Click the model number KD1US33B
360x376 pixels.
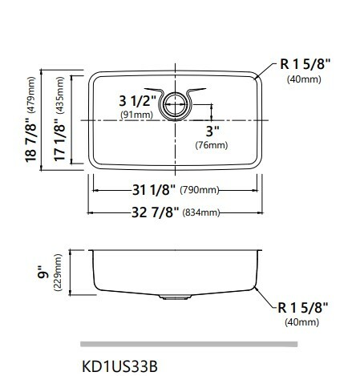click(119, 365)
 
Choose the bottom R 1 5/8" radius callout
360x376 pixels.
click(305, 306)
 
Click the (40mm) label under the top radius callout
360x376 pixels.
click(305, 80)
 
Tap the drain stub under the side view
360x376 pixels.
click(172, 297)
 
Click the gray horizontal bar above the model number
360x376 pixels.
click(190, 343)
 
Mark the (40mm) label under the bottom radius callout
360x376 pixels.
click(305, 322)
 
